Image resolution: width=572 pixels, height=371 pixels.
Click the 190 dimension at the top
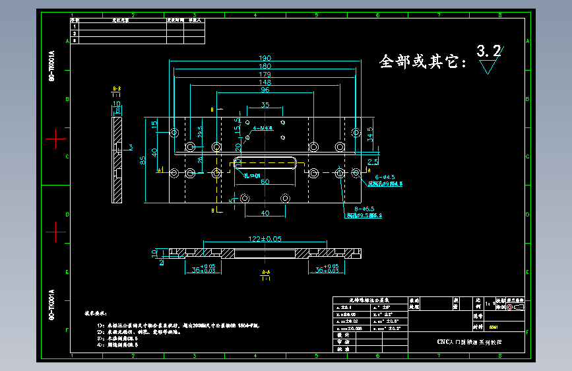(x=265, y=58)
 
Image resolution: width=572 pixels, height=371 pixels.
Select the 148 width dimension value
(x=265, y=82)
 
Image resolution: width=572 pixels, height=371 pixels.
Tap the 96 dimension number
(x=265, y=90)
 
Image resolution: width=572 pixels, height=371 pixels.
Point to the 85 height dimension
(x=143, y=160)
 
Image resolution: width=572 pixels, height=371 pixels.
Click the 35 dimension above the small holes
(x=265, y=105)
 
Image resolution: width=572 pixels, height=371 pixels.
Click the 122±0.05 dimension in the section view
(x=265, y=238)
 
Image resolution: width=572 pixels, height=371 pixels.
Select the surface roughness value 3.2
(x=488, y=51)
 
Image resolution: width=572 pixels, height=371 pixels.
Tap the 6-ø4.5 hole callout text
(x=384, y=177)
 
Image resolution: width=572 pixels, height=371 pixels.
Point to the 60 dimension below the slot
(x=265, y=182)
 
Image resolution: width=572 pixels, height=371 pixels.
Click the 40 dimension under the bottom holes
(x=265, y=213)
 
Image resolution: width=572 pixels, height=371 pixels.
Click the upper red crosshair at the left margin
(x=55, y=139)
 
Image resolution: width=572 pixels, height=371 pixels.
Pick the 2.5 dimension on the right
(x=373, y=161)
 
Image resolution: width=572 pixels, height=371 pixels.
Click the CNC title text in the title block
(x=469, y=342)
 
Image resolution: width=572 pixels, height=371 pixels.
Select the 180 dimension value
(x=265, y=66)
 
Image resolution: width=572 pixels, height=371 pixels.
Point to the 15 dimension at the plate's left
(x=154, y=124)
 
